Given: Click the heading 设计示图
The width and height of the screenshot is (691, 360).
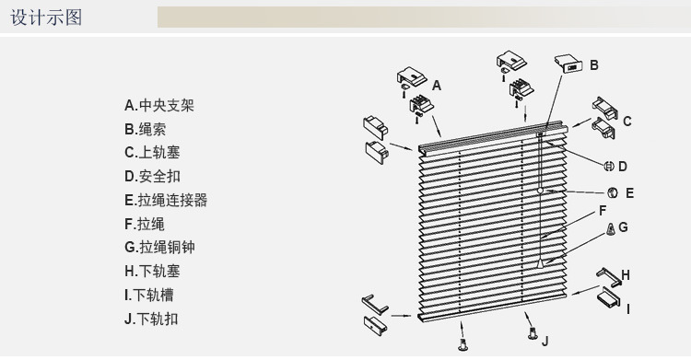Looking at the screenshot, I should [x=46, y=17].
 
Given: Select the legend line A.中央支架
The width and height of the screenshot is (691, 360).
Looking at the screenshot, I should [x=159, y=105].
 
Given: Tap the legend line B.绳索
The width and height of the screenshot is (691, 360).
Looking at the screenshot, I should [x=146, y=129].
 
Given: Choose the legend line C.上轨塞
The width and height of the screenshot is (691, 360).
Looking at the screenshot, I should [x=153, y=153].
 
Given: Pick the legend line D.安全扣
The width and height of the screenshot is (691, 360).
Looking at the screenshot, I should [x=153, y=176].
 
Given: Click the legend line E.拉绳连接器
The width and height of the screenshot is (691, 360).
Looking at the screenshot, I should [x=166, y=200].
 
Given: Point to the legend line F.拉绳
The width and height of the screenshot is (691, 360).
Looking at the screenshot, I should [x=145, y=224].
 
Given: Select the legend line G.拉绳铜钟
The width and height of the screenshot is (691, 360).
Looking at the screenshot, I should [x=160, y=248].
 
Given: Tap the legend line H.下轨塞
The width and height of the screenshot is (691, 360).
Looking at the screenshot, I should [x=153, y=272].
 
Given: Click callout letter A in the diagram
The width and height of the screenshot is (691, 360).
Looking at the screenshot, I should [x=437, y=85].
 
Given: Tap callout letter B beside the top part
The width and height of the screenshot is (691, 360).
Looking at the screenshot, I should [x=594, y=65].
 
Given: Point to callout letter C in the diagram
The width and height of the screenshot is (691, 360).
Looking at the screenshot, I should [x=627, y=121].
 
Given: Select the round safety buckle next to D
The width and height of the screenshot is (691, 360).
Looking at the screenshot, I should [x=609, y=167].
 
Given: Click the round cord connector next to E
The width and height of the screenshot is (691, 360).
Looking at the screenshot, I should [x=612, y=193].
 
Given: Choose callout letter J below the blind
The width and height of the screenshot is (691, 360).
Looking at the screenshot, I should [x=545, y=341].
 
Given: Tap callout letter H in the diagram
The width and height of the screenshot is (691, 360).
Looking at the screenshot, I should [x=626, y=273].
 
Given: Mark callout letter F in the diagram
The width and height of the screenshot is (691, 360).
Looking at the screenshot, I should [x=603, y=211].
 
